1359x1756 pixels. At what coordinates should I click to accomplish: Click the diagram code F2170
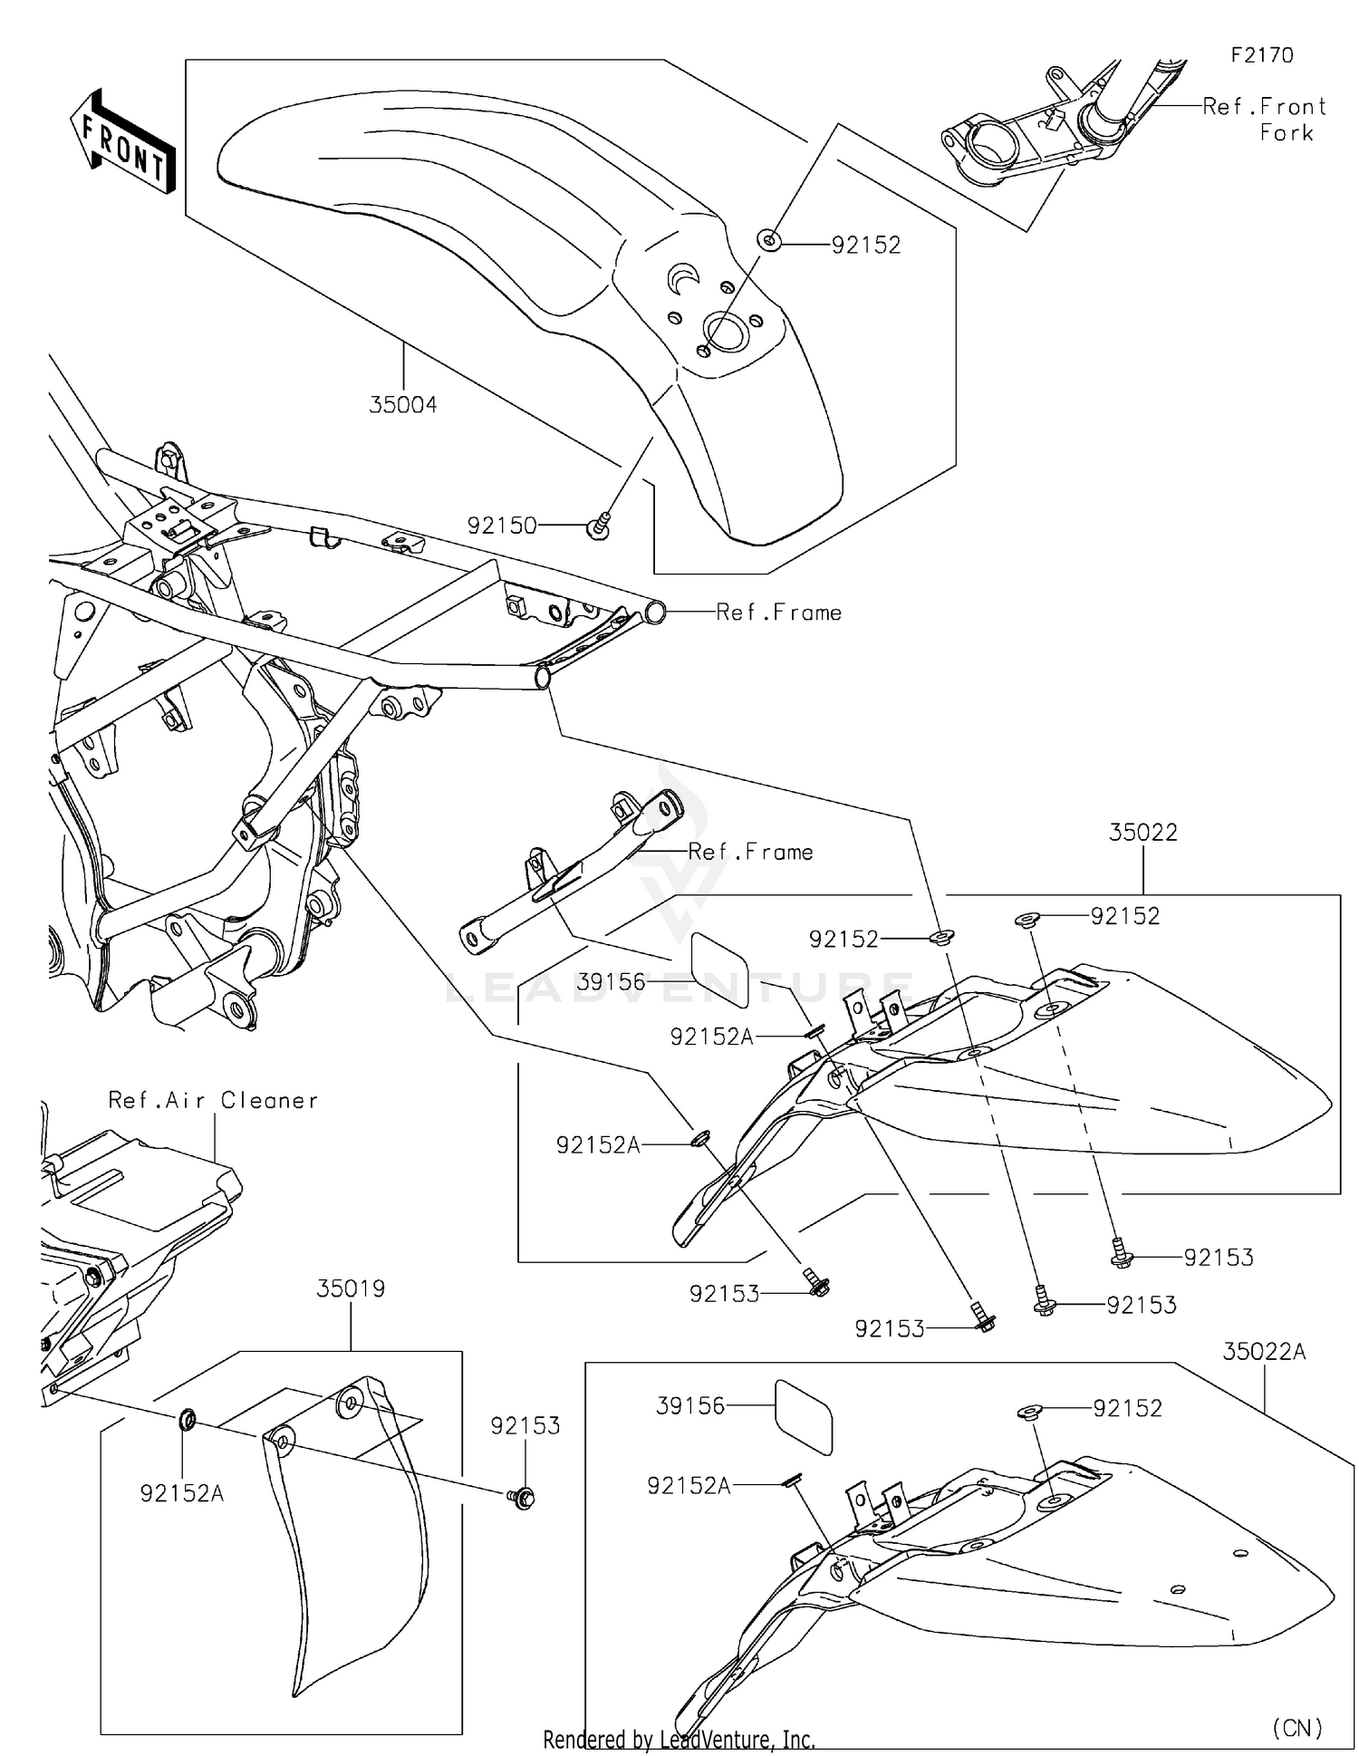(1261, 55)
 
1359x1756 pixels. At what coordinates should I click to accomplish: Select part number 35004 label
(402, 405)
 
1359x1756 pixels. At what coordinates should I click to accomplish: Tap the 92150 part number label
(502, 526)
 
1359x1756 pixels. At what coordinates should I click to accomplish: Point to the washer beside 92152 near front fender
(769, 241)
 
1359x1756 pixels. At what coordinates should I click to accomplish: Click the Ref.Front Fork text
(1265, 119)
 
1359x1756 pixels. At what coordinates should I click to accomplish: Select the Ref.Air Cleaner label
(213, 1100)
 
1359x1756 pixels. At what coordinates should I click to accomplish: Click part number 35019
(351, 1288)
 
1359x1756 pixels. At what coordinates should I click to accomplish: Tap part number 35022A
(1264, 1352)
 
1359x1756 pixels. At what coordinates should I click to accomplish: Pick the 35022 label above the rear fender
(1143, 833)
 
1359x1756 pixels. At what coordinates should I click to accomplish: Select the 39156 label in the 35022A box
(690, 1405)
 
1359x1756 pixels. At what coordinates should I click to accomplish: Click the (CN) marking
(1296, 1727)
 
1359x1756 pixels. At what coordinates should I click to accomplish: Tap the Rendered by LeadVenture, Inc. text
(679, 1739)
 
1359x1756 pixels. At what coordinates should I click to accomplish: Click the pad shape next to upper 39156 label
(720, 970)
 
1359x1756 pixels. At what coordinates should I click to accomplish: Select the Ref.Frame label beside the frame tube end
(778, 613)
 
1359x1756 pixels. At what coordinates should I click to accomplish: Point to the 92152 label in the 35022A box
(1127, 1408)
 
